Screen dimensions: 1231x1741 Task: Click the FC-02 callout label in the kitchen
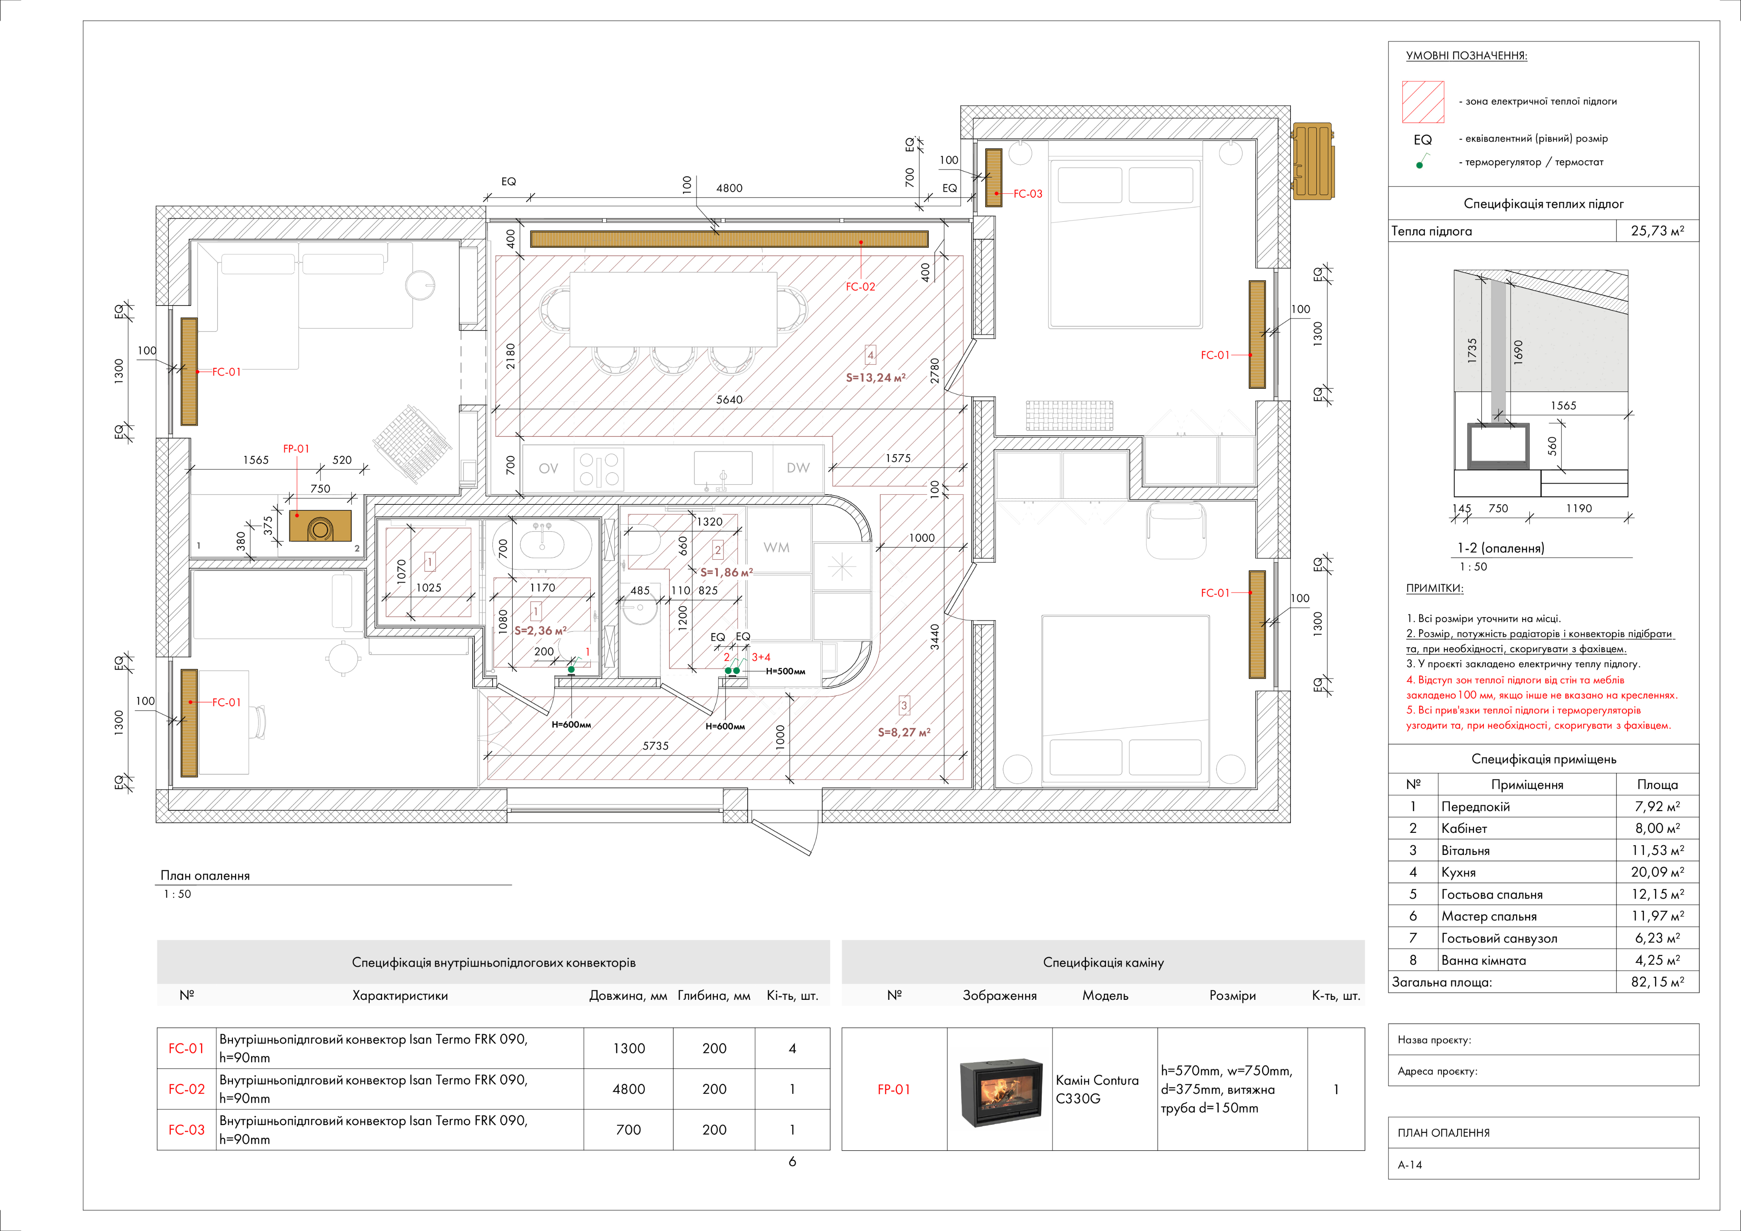coord(860,286)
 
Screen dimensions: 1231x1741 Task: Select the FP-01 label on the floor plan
coord(296,449)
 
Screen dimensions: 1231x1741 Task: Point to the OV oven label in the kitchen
coord(548,468)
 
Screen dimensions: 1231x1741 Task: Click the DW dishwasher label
coord(798,468)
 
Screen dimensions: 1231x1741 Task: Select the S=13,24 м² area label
coord(876,377)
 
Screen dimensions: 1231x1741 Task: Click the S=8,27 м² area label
coord(904,732)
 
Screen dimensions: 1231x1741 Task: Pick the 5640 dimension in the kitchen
coord(729,399)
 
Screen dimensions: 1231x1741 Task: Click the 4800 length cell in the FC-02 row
coord(629,1089)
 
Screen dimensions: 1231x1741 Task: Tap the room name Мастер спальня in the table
coord(1489,917)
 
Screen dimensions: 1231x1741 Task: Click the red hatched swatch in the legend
coord(1423,102)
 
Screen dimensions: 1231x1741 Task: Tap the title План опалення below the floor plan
coord(205,875)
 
